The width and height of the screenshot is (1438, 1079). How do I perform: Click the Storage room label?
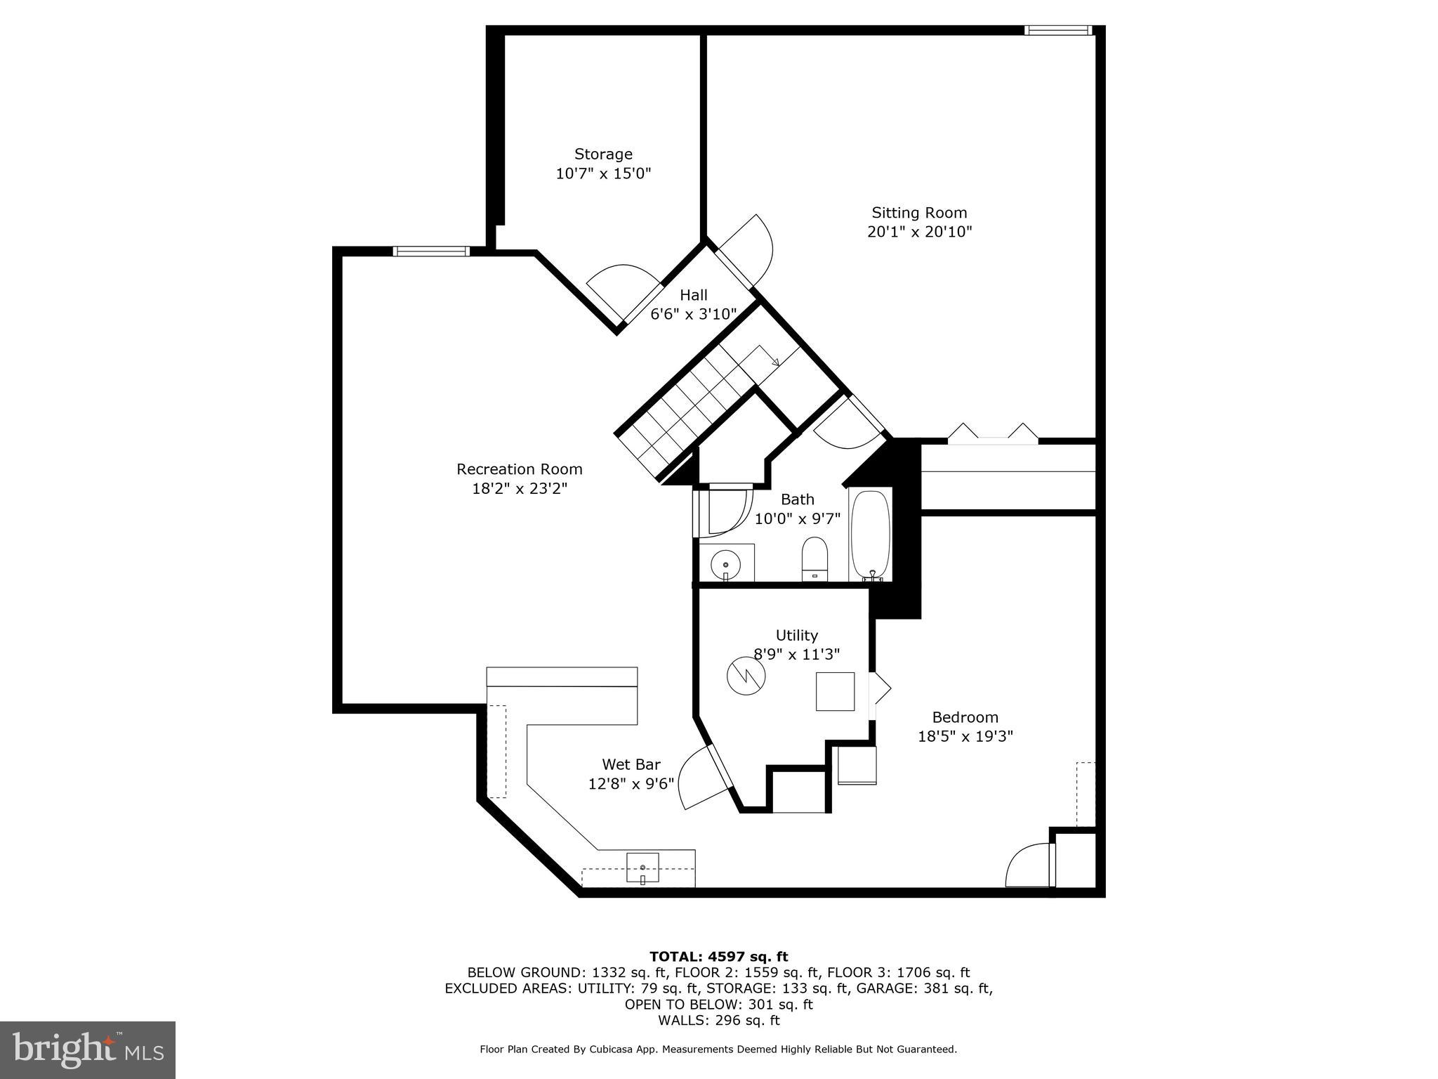pos(603,154)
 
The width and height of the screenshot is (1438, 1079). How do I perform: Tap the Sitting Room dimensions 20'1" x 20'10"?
pos(919,232)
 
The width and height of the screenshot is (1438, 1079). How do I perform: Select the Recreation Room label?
pos(519,469)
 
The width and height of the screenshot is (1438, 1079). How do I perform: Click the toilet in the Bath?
pos(815,559)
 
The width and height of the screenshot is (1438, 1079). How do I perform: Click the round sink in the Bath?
pos(725,563)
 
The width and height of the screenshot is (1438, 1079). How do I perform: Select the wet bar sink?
pos(642,868)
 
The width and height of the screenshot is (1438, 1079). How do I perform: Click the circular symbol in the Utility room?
pos(744,676)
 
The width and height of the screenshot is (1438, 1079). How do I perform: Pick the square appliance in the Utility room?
pos(835,692)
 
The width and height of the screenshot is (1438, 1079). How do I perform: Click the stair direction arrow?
pos(775,362)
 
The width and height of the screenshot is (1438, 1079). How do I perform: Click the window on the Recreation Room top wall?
pos(430,251)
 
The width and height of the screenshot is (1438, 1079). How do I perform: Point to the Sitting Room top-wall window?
pos(1058,30)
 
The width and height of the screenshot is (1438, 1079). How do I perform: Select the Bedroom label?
pos(965,717)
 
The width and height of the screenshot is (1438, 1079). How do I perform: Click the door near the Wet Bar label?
pos(702,778)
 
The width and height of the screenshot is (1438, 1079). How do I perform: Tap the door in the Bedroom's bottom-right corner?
pos(1029,866)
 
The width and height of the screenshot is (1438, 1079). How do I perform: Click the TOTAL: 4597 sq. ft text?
pos(718,957)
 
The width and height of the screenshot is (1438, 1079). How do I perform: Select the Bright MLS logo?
pos(87,1049)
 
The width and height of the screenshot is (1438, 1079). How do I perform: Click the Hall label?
pos(693,295)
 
